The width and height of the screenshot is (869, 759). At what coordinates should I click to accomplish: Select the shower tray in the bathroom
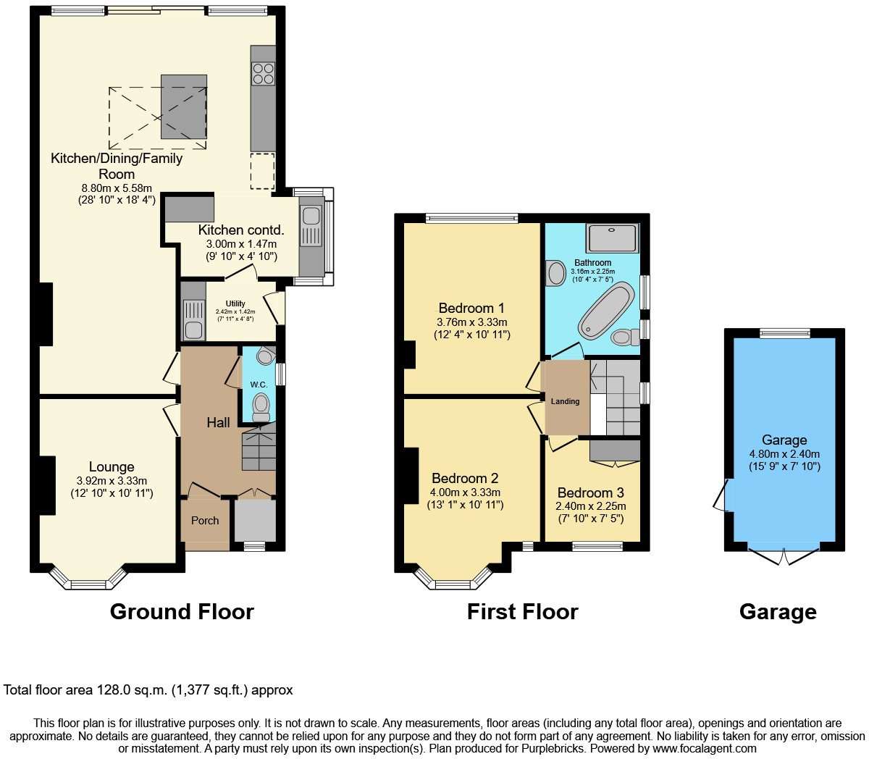613,238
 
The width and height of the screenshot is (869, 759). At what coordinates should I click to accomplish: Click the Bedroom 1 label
471,309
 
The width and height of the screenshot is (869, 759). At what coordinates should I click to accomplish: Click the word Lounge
112,467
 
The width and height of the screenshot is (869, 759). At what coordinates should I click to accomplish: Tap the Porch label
205,520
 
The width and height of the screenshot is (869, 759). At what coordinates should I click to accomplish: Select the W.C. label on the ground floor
259,385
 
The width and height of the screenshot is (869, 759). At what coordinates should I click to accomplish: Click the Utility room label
235,303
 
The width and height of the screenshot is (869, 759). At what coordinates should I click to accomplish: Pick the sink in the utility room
193,330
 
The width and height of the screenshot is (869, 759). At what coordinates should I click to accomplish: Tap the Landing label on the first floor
565,401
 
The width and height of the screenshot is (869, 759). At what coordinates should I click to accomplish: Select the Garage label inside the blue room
784,440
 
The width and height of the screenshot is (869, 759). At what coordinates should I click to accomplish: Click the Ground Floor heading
182,612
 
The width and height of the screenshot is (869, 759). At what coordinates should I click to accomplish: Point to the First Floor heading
522,612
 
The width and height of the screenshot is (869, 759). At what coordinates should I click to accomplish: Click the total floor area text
148,690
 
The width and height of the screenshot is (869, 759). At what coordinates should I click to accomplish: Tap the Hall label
218,422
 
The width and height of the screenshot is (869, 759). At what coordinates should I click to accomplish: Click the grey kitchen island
184,106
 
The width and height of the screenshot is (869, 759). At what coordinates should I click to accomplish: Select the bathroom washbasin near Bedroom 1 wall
556,274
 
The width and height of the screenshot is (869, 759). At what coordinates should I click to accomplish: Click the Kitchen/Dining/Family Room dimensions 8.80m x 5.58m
117,188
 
